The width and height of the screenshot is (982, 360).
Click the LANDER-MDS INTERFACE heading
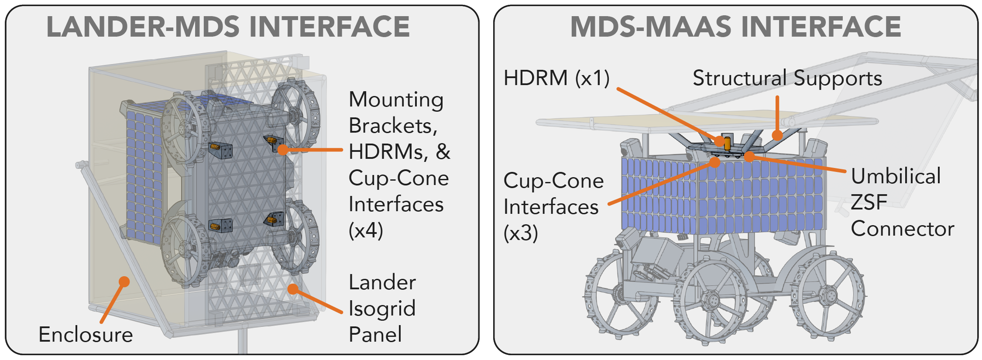point(228,27)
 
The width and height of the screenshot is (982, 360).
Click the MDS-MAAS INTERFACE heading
point(735,27)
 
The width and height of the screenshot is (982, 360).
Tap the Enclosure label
point(86,335)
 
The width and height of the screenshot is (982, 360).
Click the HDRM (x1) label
point(556,79)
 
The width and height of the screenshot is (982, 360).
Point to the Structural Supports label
point(787,79)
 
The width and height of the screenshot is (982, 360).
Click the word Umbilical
point(896,176)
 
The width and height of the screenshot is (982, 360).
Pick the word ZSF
point(869,202)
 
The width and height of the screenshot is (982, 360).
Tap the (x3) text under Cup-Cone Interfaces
point(521,233)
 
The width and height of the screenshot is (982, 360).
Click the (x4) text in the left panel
point(366,230)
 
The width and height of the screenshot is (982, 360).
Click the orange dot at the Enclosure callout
point(124,281)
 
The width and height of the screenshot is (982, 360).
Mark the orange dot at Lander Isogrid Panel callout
point(293,289)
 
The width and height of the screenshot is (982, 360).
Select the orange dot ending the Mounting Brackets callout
point(283,150)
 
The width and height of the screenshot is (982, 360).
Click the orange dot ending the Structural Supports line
point(777,135)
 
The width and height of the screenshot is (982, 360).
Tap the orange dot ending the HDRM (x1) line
point(720,141)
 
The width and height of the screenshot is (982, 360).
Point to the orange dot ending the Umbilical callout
point(749,156)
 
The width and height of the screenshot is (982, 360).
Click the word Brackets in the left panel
point(393,126)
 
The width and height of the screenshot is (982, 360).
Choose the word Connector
point(903,229)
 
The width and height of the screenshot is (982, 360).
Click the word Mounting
point(396,100)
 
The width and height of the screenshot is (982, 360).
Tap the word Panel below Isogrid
point(375,335)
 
